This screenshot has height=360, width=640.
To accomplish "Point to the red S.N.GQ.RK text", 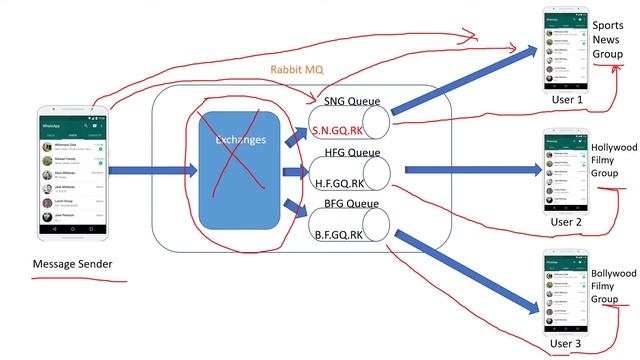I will (337, 131).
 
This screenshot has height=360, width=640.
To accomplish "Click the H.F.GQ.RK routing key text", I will (337, 182).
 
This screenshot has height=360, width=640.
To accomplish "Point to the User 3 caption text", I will (565, 344).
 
